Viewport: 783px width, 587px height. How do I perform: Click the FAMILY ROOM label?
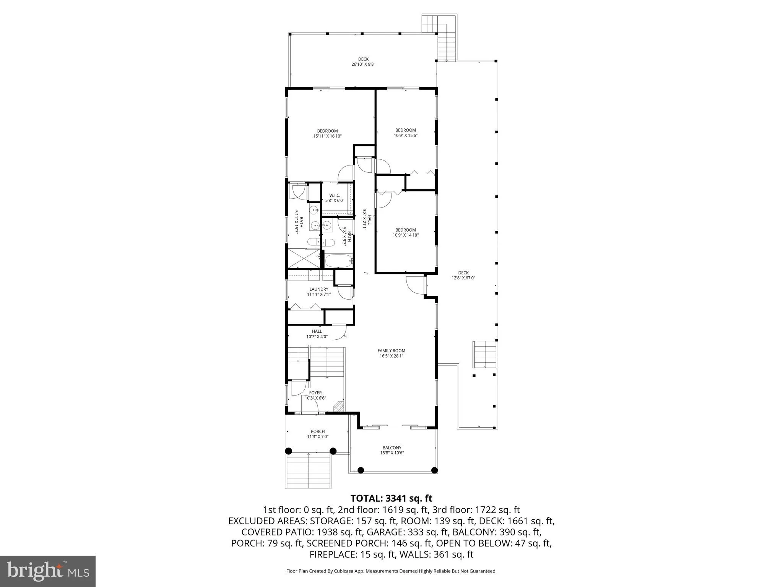[x=391, y=350]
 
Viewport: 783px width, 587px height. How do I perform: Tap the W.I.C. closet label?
[x=335, y=195]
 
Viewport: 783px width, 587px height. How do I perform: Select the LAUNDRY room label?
[x=318, y=289]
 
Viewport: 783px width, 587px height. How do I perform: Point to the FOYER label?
[x=315, y=392]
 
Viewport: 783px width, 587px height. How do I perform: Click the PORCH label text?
[x=317, y=431]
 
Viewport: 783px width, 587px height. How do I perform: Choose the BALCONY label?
[x=392, y=448]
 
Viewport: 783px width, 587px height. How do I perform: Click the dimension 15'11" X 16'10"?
[x=327, y=136]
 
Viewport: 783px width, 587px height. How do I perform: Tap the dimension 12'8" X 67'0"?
[x=463, y=278]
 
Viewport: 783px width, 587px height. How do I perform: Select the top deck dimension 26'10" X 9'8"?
[x=363, y=65]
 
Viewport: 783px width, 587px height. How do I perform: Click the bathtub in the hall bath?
[x=338, y=261]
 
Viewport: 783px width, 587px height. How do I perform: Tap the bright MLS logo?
[x=48, y=571]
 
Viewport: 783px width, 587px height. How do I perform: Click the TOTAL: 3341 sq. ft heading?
[x=391, y=498]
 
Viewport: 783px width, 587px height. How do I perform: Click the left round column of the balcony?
[x=361, y=470]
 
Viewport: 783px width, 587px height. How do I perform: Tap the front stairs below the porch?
[x=309, y=470]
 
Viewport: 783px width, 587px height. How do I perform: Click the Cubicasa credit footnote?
[x=391, y=571]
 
